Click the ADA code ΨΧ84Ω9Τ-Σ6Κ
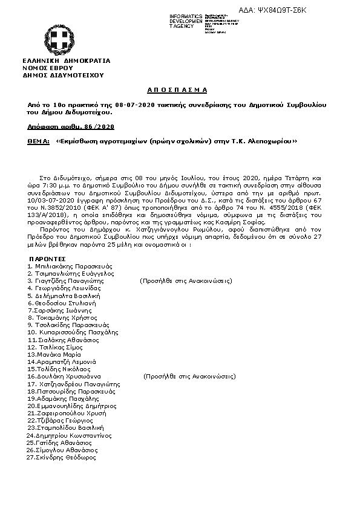316,10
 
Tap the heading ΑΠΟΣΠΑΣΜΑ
177,89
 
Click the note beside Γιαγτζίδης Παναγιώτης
185,280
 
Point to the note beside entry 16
189,375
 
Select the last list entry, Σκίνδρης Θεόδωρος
62,457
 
